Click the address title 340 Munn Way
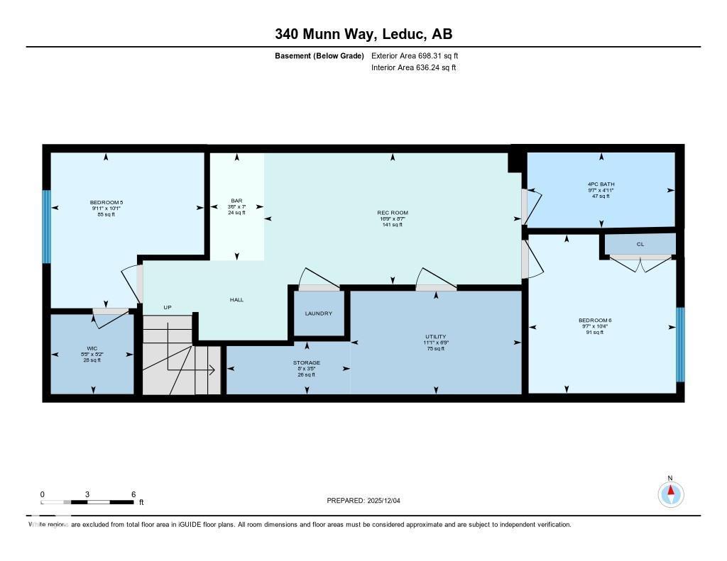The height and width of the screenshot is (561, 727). click(363, 34)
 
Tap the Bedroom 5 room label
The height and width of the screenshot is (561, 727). click(106, 203)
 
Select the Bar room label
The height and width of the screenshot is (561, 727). click(236, 201)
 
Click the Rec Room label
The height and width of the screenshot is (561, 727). click(392, 213)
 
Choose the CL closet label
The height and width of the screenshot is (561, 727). click(640, 244)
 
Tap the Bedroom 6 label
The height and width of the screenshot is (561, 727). click(594, 321)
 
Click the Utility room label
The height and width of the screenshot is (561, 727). click(436, 337)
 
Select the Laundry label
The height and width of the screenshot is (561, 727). click(318, 313)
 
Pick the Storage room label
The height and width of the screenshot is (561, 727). click(307, 363)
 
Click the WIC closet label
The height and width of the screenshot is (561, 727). click(92, 348)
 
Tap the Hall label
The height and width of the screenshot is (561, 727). click(236, 300)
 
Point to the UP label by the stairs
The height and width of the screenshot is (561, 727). click(168, 307)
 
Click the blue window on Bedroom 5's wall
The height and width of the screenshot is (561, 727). click(46, 226)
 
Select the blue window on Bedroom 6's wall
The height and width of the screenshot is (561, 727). click(680, 345)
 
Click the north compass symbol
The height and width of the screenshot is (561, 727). click(670, 493)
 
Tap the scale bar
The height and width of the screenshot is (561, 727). click(87, 502)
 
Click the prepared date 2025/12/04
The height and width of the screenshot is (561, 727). click(368, 501)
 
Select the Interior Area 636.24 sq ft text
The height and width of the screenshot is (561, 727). click(413, 68)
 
